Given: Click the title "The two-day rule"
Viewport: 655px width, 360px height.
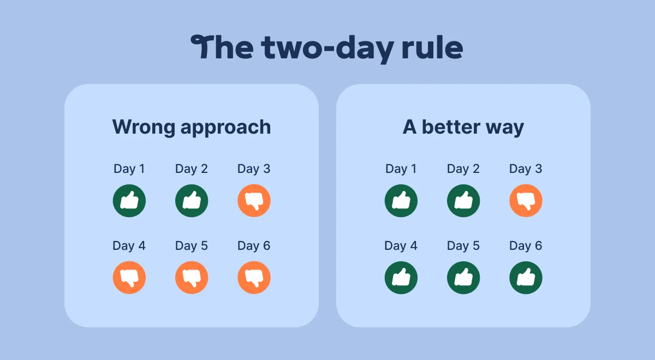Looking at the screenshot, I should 327,48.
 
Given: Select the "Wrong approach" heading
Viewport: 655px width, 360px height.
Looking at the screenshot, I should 192,127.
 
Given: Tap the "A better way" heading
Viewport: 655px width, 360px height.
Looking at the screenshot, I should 463,127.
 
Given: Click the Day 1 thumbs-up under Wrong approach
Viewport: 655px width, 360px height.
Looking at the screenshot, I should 129,201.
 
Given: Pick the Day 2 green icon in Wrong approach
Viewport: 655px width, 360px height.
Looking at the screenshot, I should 192,201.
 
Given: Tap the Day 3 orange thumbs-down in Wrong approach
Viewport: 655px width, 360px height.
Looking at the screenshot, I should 254,201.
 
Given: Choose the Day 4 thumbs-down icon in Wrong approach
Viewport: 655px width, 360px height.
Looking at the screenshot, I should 129,278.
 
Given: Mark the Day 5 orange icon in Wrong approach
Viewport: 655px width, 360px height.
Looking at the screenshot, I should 192,278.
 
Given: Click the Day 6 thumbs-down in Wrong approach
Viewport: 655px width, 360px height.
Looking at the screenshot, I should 254,278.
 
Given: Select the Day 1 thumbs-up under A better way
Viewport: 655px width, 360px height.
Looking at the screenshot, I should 401,201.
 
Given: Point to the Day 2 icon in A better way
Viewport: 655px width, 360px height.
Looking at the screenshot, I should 463,201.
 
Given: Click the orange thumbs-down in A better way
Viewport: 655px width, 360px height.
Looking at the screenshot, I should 526,201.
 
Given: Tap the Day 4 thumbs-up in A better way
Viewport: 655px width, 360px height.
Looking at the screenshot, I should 401,278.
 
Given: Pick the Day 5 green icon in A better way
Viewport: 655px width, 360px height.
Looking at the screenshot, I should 463,278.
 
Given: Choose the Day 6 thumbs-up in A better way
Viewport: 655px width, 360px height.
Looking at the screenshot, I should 526,278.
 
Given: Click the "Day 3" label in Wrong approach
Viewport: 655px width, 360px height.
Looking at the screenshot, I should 254,169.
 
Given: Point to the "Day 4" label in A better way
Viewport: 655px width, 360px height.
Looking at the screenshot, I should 401,246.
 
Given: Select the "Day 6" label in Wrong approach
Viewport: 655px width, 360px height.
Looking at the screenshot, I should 254,246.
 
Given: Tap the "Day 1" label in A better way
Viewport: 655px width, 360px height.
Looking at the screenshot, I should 401,169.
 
